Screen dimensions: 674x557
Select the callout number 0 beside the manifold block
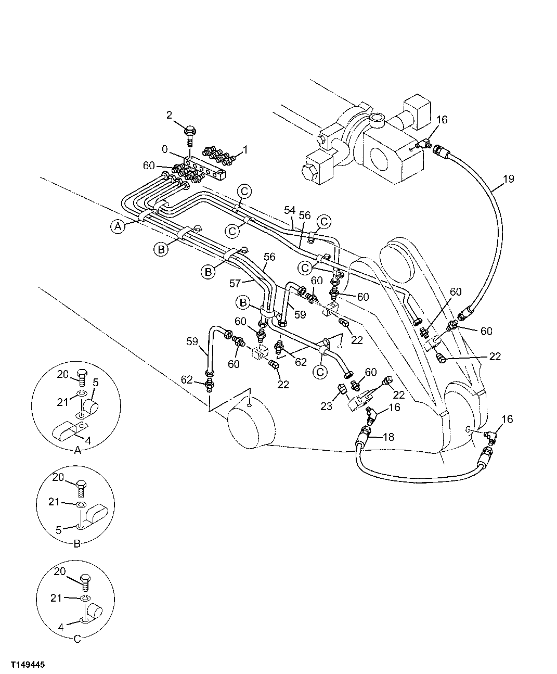pos(164,149)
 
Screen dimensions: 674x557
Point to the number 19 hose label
pos(508,179)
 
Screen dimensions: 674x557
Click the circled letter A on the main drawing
pos(118,226)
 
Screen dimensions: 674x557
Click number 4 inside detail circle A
pos(87,440)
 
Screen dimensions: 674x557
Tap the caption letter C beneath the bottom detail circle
pos(77,639)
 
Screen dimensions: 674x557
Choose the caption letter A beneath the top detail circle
pos(77,450)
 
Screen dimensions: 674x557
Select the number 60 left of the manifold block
pos(149,166)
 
